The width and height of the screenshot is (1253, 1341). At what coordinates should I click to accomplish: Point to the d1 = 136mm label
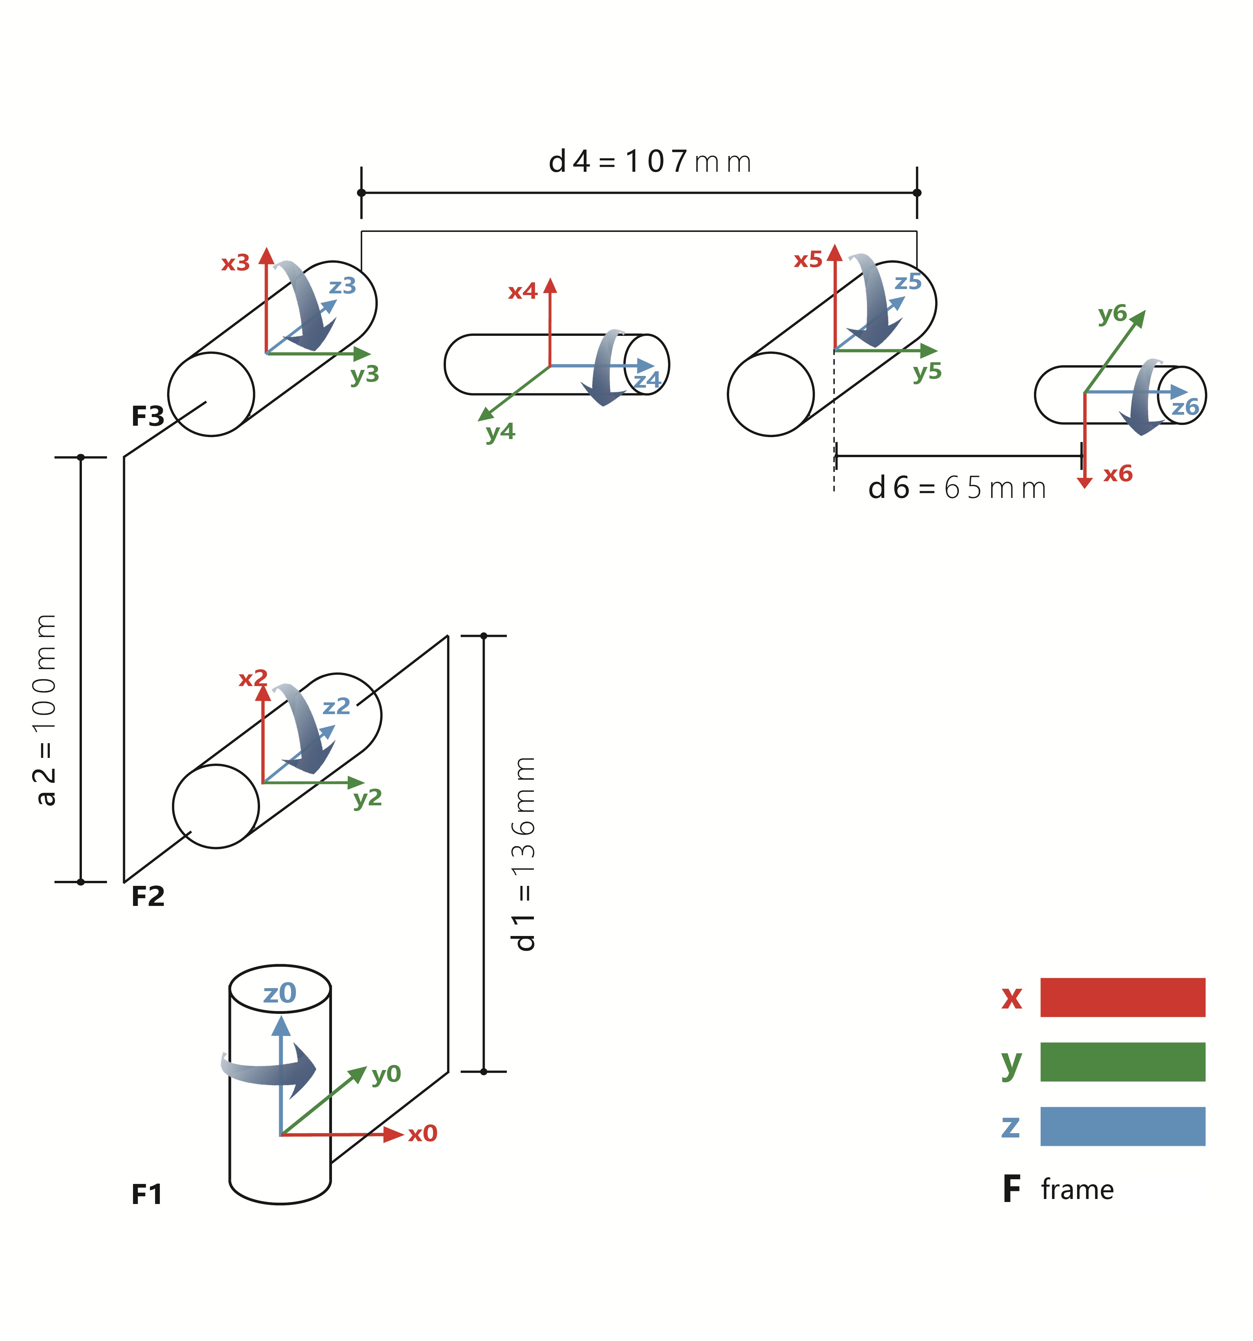point(524,853)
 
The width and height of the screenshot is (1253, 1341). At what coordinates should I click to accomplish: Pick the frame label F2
point(148,897)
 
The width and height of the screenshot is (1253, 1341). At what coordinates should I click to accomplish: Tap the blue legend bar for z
point(1122,1126)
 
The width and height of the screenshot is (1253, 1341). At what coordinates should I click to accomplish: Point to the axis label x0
point(422,1134)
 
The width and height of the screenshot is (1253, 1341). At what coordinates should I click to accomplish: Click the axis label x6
point(1117,474)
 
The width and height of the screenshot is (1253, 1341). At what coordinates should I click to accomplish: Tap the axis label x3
point(235,262)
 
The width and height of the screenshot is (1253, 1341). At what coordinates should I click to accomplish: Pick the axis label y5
point(927,371)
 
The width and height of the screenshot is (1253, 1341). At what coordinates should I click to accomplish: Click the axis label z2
point(336,706)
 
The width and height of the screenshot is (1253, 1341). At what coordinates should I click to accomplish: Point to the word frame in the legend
point(1077,1189)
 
